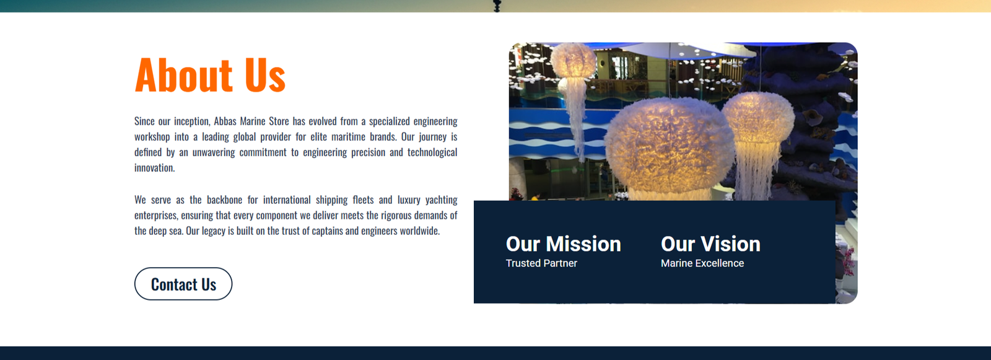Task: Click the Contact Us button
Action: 183,284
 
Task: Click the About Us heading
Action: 210,75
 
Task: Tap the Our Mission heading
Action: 563,244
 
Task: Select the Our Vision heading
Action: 710,244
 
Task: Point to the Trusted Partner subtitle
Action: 541,263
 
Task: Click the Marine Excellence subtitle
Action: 702,263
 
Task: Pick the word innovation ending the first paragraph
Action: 154,168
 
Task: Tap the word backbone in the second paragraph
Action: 224,200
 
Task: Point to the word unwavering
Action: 214,152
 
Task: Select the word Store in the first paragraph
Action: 279,121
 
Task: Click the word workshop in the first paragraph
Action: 152,137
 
